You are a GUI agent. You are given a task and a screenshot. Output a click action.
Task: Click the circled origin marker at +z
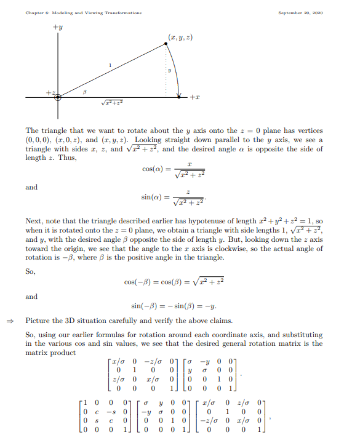(x=58, y=97)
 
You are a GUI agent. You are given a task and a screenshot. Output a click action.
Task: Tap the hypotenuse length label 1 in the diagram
(x=110, y=65)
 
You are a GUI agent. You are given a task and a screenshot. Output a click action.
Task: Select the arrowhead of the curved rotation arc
(x=179, y=94)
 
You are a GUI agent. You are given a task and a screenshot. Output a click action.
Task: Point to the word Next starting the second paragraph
(x=33, y=221)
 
